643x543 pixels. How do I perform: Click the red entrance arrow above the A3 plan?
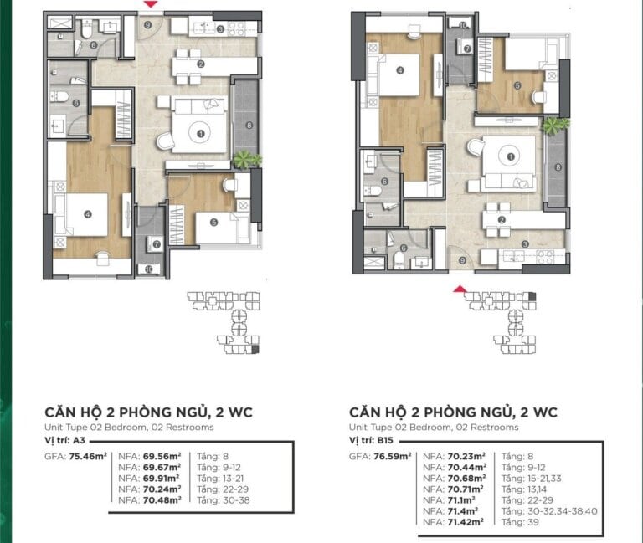[x=149, y=5]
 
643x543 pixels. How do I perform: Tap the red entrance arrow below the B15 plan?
[x=458, y=289]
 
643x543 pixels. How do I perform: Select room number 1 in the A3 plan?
[x=200, y=132]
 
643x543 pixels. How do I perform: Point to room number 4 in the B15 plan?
[x=400, y=71]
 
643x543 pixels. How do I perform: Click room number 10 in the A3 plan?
[x=149, y=269]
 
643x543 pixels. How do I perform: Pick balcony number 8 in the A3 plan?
[x=249, y=126]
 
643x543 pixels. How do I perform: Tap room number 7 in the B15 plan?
[x=467, y=49]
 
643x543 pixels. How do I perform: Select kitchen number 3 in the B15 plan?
[x=525, y=244]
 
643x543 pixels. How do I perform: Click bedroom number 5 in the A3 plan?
[x=214, y=222]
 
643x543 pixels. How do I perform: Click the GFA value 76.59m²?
[x=393, y=457]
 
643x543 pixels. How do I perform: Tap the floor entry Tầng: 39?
[x=520, y=521]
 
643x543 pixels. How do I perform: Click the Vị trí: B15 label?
[x=373, y=439]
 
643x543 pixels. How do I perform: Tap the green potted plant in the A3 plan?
[x=247, y=158]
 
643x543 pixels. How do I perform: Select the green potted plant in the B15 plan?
[x=554, y=126]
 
